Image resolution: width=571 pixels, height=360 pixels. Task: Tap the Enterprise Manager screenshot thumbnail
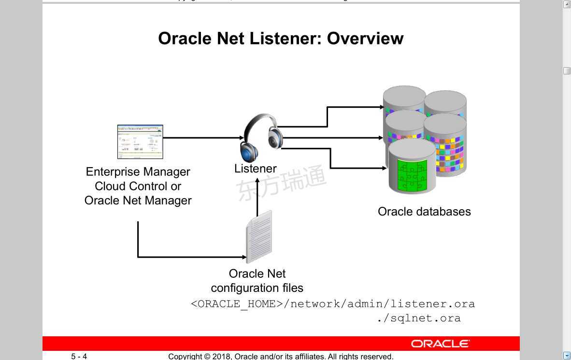click(140, 142)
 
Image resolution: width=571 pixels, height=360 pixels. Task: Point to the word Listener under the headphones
click(255, 169)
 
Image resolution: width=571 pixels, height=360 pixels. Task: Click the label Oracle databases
click(424, 212)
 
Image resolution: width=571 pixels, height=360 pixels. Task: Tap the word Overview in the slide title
click(365, 38)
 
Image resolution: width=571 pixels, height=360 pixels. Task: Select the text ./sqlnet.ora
click(419, 318)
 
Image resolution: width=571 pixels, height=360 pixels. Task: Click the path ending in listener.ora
click(333, 304)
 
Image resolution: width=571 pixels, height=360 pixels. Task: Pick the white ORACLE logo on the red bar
click(440, 344)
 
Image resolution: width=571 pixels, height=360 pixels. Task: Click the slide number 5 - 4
click(79, 357)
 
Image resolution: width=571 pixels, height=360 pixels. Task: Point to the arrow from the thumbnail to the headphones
click(203, 138)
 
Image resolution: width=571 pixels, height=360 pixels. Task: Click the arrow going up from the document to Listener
click(257, 198)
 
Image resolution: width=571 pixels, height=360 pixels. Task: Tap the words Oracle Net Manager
click(138, 201)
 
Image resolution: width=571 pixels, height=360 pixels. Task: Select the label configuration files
click(257, 288)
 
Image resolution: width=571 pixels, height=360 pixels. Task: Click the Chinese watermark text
click(282, 182)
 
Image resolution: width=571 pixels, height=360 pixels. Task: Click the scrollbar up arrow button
click(567, 4)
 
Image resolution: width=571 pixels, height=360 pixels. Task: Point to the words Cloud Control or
click(138, 186)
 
